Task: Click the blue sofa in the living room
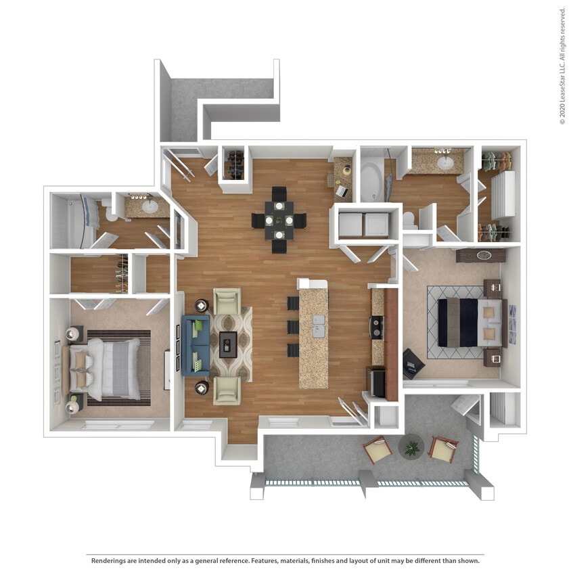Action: [193, 345]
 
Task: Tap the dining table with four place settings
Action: [279, 221]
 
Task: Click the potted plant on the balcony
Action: [410, 447]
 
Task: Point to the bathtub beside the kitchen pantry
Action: [371, 180]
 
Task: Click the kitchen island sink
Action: [317, 329]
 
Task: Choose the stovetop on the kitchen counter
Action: [377, 327]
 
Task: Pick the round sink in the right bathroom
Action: [446, 162]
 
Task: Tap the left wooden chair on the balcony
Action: [377, 449]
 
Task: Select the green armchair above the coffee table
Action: [227, 302]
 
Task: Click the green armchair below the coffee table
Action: [227, 390]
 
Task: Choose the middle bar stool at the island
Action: [293, 327]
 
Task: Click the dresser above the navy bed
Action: [481, 256]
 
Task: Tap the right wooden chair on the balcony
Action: [443, 449]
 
